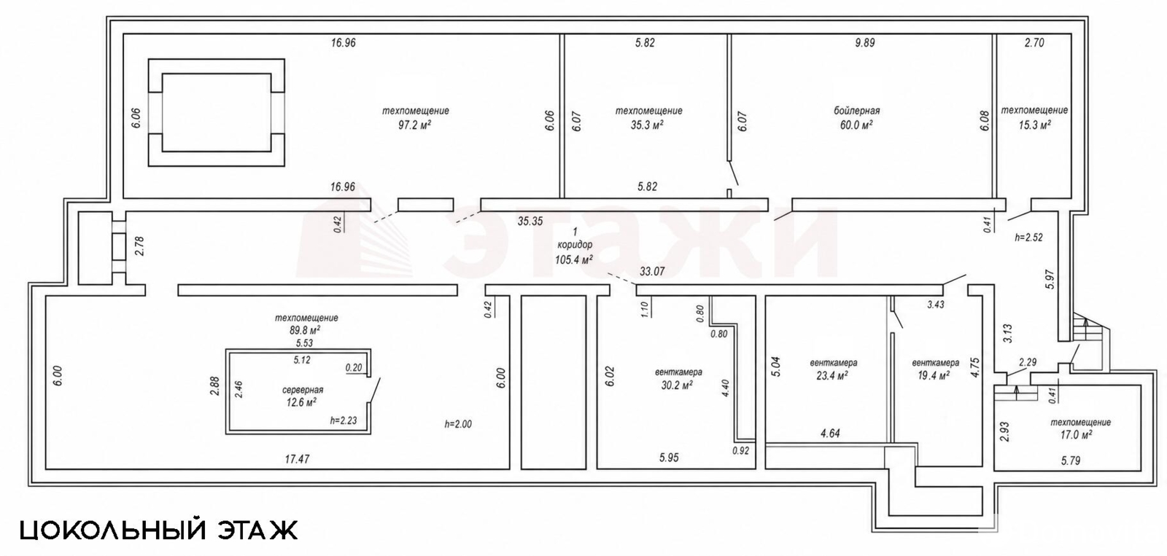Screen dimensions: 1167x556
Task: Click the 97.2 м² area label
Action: tap(415, 125)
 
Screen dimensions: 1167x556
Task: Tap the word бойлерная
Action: tap(856, 111)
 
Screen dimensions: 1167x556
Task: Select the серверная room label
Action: tap(303, 390)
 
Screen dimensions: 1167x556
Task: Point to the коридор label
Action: tap(575, 245)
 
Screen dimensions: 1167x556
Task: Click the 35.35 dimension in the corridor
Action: tap(530, 222)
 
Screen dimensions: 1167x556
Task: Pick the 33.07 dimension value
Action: tap(652, 271)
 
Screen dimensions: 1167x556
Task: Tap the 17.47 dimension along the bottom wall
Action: tap(298, 459)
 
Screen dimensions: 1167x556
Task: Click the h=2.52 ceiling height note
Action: tap(1029, 238)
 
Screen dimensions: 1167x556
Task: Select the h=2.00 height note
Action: tap(458, 424)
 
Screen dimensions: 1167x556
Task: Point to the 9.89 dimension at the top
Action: tap(865, 43)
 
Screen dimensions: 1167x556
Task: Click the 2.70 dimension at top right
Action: tap(1034, 43)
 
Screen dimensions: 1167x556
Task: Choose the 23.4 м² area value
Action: tap(834, 376)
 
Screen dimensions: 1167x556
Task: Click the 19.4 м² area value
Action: tap(933, 376)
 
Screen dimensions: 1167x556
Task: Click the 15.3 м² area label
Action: tap(1034, 125)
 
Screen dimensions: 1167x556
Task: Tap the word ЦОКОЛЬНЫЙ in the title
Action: tap(114, 530)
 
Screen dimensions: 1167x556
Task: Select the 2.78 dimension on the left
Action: tap(139, 246)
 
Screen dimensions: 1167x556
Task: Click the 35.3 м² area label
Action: tap(646, 125)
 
